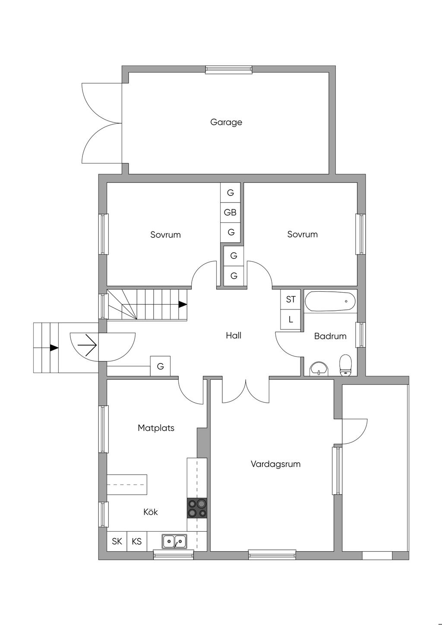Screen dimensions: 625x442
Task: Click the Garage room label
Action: [226, 122]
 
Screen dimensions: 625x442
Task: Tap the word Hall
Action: [234, 335]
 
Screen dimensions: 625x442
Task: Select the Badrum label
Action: [330, 336]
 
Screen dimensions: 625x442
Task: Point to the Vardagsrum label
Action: [275, 464]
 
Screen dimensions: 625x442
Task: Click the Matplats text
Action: [156, 428]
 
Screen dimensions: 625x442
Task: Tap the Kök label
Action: [151, 512]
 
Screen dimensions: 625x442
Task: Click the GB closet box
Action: [230, 212]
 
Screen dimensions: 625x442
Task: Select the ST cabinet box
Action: [290, 299]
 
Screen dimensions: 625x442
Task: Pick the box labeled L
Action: [290, 320]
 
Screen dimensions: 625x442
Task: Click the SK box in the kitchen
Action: [117, 541]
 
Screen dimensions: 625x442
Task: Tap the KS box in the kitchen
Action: [137, 541]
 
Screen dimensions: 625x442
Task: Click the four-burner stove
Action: [197, 508]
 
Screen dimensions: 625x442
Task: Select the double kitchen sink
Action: [174, 541]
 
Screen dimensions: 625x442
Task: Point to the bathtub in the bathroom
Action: [330, 301]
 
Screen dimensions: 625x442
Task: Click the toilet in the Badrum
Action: [345, 365]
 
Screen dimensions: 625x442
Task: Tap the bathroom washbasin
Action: [319, 369]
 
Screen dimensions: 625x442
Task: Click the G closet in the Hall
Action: [160, 366]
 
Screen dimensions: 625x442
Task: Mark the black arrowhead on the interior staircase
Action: [183, 304]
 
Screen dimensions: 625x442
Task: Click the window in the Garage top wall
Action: [228, 69]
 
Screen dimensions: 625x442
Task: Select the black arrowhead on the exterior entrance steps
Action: [54, 347]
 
